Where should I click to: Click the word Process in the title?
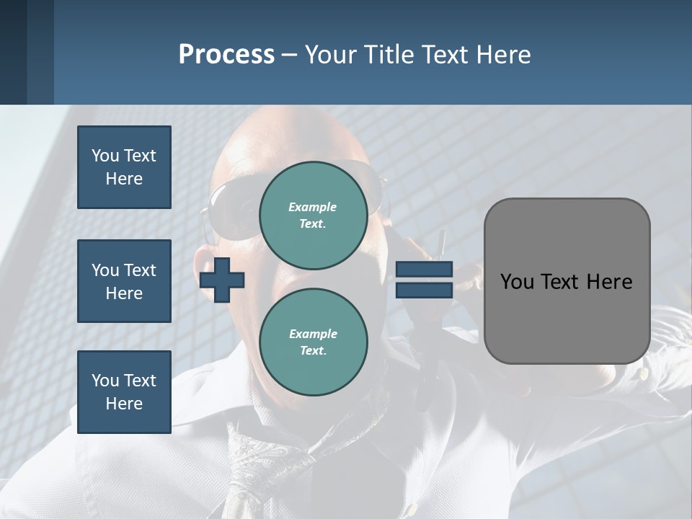[x=226, y=55]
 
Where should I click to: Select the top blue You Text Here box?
[x=124, y=167]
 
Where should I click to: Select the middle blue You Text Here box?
[x=124, y=281]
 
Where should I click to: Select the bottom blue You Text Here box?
[x=124, y=391]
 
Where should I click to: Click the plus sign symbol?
[x=222, y=280]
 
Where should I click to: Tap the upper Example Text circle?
[x=313, y=215]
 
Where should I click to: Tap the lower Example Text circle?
[x=313, y=342]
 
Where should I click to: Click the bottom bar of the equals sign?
[x=424, y=290]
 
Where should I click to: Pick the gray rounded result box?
[x=567, y=317]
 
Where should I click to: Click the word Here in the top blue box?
[x=124, y=179]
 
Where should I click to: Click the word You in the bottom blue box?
[x=105, y=380]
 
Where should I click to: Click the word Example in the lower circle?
[x=313, y=334]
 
